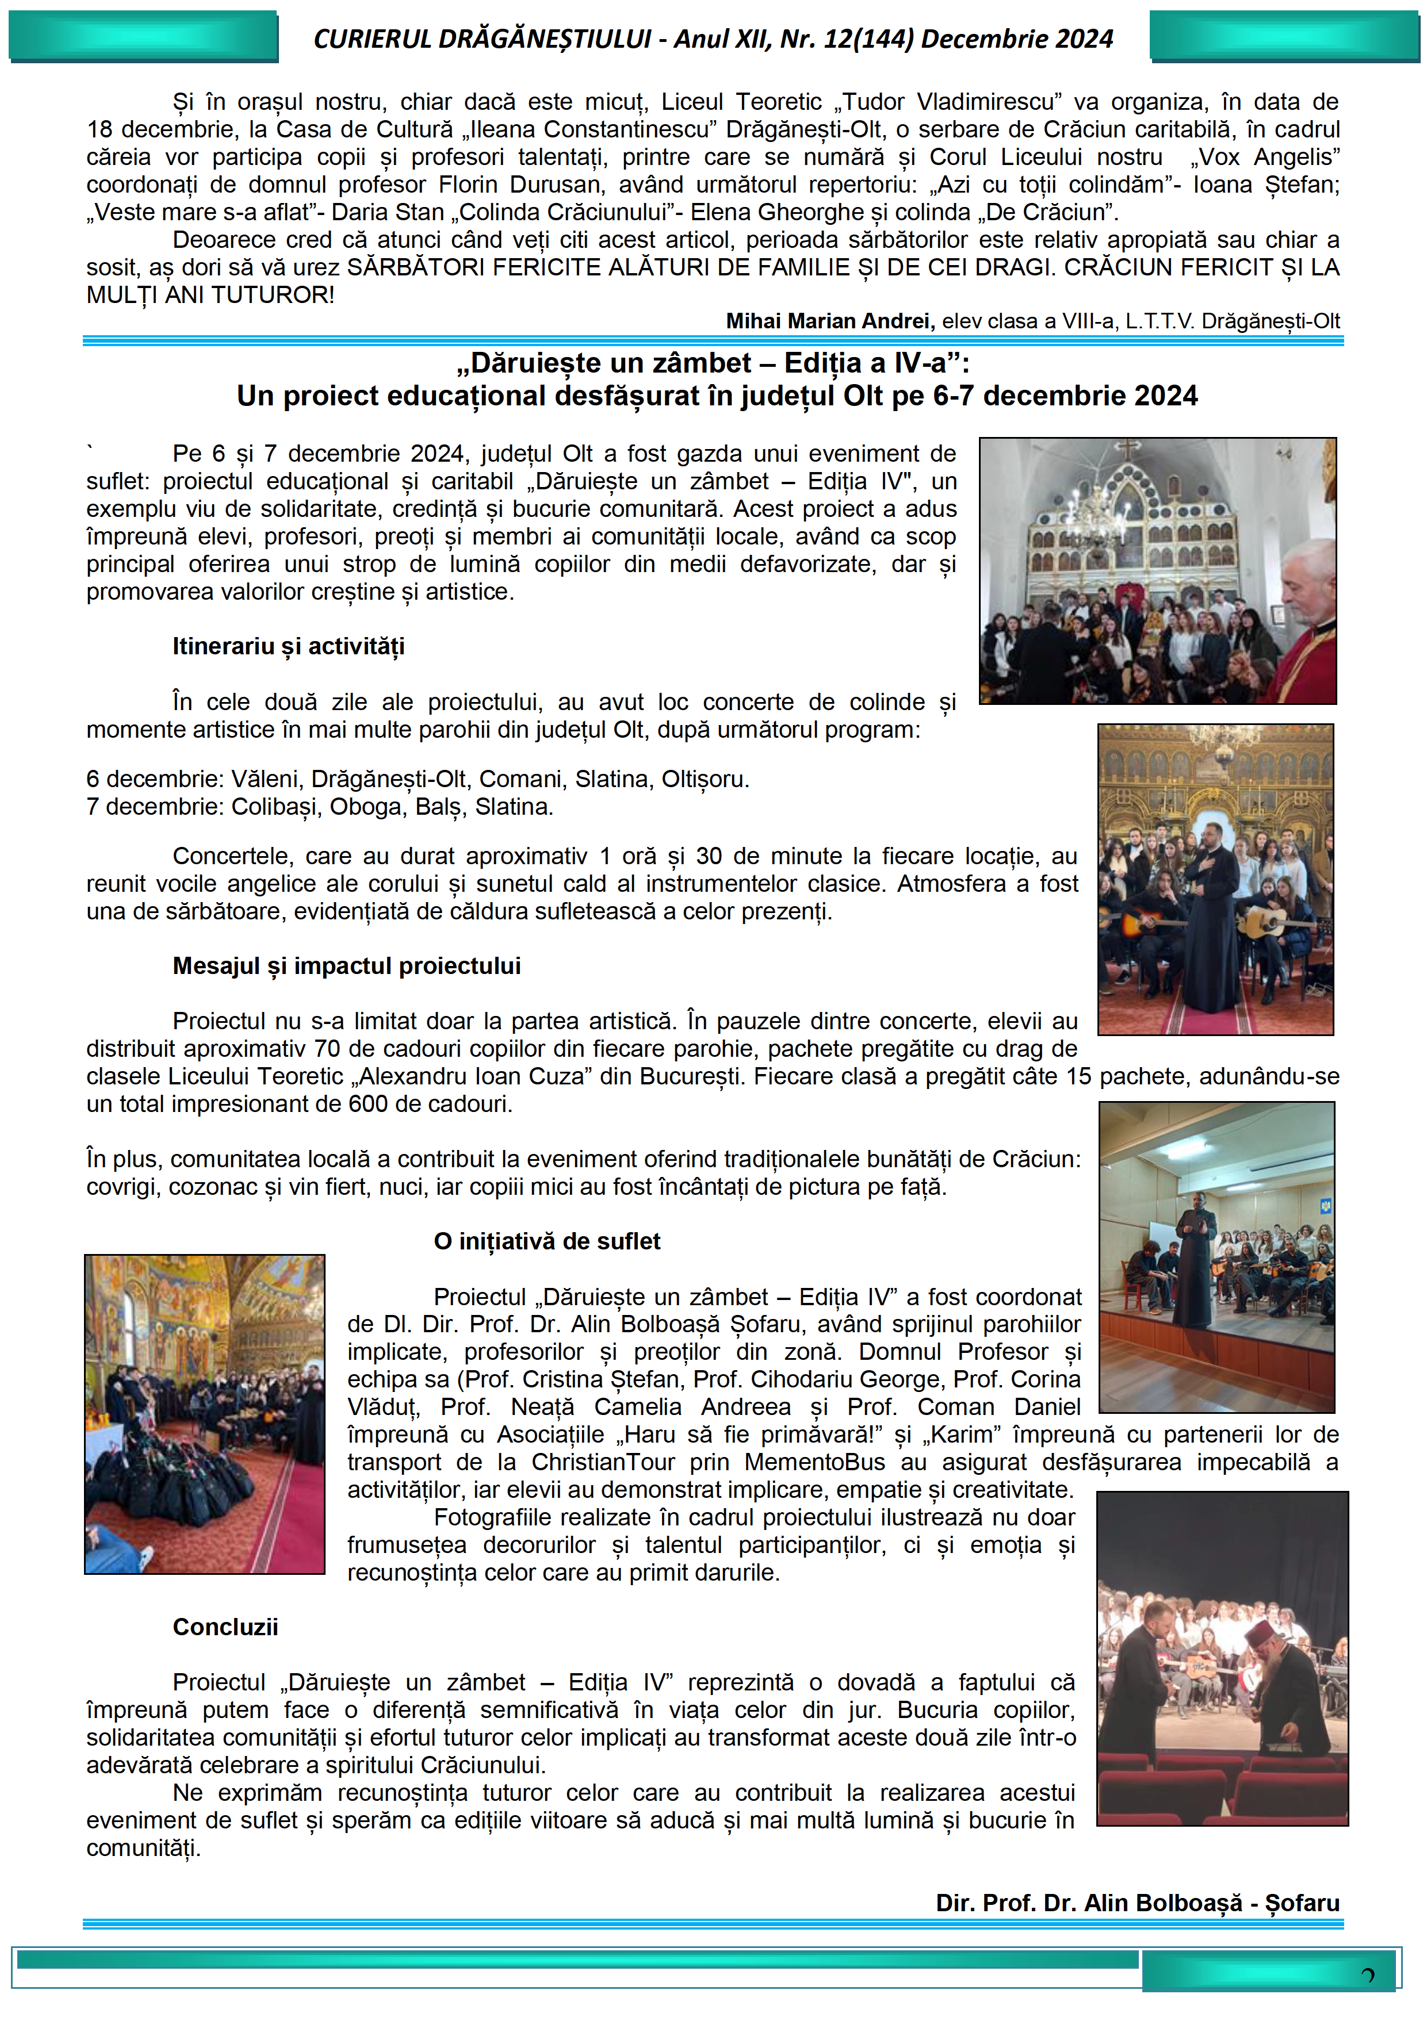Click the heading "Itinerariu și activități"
[x=288, y=647]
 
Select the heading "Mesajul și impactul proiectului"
[x=346, y=967]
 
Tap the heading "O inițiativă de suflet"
[x=546, y=1241]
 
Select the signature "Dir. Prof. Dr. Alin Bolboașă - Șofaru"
[x=1137, y=1903]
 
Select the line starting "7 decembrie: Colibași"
[x=320, y=807]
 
